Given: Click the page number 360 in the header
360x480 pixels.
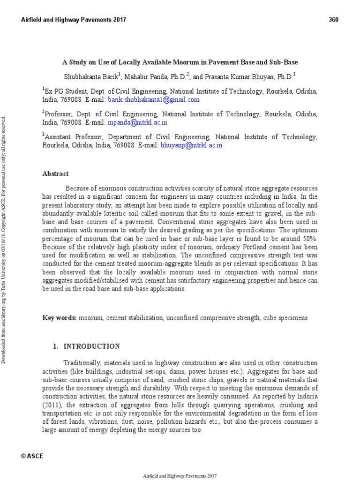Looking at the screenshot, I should click(333, 20).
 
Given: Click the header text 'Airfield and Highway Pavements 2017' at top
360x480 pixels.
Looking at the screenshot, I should click(74, 20).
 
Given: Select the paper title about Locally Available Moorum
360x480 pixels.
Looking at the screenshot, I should click(180, 62).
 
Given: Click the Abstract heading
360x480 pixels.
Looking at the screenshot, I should click(55, 173).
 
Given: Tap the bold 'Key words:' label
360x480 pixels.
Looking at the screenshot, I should click(60, 318).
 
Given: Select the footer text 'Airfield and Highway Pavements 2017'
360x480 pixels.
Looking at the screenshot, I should click(180, 475).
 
